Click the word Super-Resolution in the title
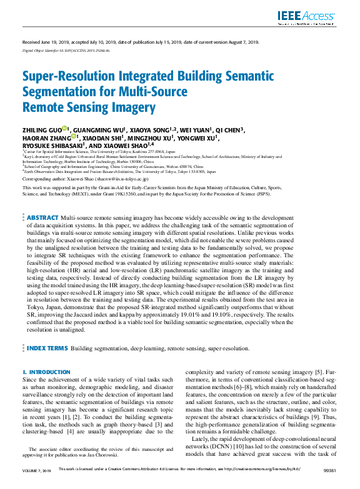[71, 77]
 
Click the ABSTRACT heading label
[42, 217]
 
